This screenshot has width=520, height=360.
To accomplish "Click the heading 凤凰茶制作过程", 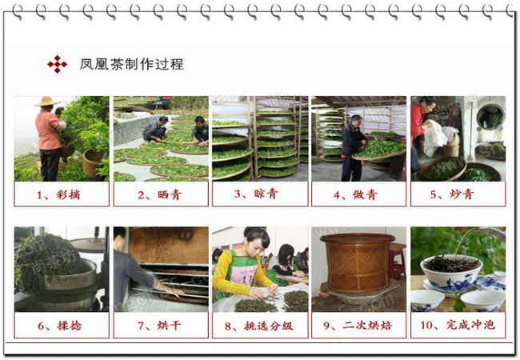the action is (132, 64).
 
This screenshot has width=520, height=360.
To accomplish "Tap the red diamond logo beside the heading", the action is (57, 64).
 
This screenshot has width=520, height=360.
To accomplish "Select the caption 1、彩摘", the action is (58, 195).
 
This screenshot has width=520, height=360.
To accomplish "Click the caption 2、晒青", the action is (159, 195).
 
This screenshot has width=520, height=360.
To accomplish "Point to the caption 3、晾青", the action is (256, 194).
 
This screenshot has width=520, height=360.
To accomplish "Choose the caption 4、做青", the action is (355, 195).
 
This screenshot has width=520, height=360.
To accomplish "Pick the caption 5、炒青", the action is (452, 194).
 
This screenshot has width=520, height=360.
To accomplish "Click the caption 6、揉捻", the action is (59, 326).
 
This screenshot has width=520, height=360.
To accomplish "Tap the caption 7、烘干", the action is (159, 326).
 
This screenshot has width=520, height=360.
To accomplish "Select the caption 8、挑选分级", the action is (259, 326).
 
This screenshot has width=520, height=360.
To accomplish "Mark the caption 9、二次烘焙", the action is (358, 325).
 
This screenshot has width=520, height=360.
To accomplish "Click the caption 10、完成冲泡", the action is (458, 325).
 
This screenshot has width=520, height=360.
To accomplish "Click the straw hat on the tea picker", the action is (47, 101).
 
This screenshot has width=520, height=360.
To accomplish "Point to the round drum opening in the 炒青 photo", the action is (490, 116).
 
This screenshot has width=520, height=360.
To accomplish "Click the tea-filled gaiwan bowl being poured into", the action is (451, 270).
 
